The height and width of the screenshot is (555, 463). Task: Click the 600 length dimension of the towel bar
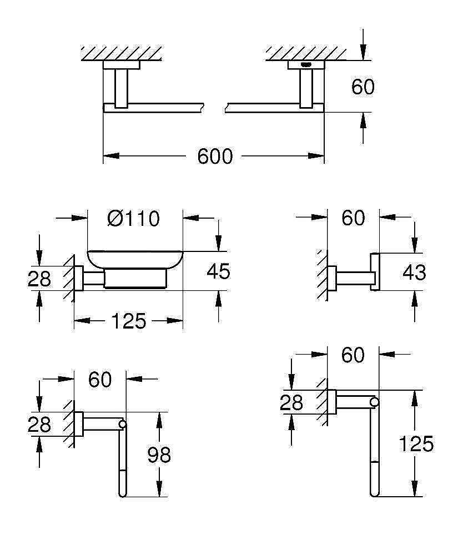[215, 156]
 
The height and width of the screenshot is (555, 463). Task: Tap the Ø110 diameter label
[133, 218]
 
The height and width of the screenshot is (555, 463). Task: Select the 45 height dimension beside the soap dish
[218, 271]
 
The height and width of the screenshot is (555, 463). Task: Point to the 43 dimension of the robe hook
[414, 273]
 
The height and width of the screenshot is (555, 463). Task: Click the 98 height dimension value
[159, 455]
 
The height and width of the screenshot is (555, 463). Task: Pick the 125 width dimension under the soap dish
[128, 321]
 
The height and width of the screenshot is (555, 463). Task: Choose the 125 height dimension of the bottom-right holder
[416, 443]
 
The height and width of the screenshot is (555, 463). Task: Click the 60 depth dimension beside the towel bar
[363, 87]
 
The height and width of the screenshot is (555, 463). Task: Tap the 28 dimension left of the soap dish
[39, 279]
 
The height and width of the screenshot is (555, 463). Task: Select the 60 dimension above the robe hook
[353, 218]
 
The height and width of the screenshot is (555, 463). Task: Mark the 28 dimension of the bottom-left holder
[39, 425]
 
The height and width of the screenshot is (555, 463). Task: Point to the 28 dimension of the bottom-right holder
[291, 403]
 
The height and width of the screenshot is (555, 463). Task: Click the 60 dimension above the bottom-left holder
[100, 380]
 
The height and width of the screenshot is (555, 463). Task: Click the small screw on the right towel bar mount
[306, 65]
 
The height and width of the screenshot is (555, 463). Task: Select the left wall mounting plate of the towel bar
[122, 65]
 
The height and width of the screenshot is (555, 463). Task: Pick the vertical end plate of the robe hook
[375, 272]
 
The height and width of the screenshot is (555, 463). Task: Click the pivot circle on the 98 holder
[123, 424]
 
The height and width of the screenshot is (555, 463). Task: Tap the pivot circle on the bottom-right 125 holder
[375, 402]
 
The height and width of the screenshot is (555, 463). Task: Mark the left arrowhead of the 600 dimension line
[110, 156]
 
